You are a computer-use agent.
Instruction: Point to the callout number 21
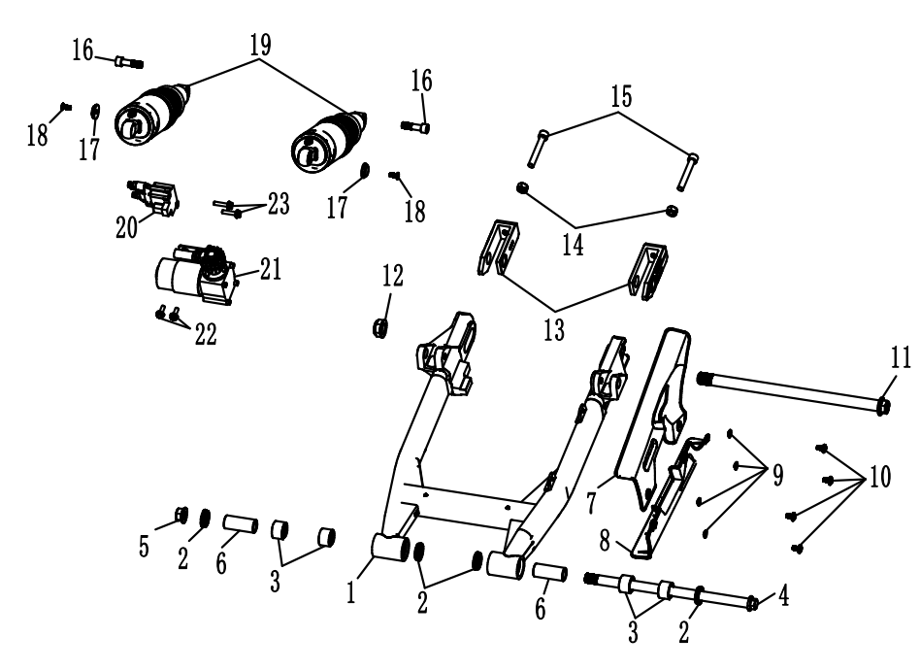[269, 273]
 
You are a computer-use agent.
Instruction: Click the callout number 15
[620, 97]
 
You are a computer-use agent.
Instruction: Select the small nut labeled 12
[381, 327]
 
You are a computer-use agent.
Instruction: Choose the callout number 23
[279, 205]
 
